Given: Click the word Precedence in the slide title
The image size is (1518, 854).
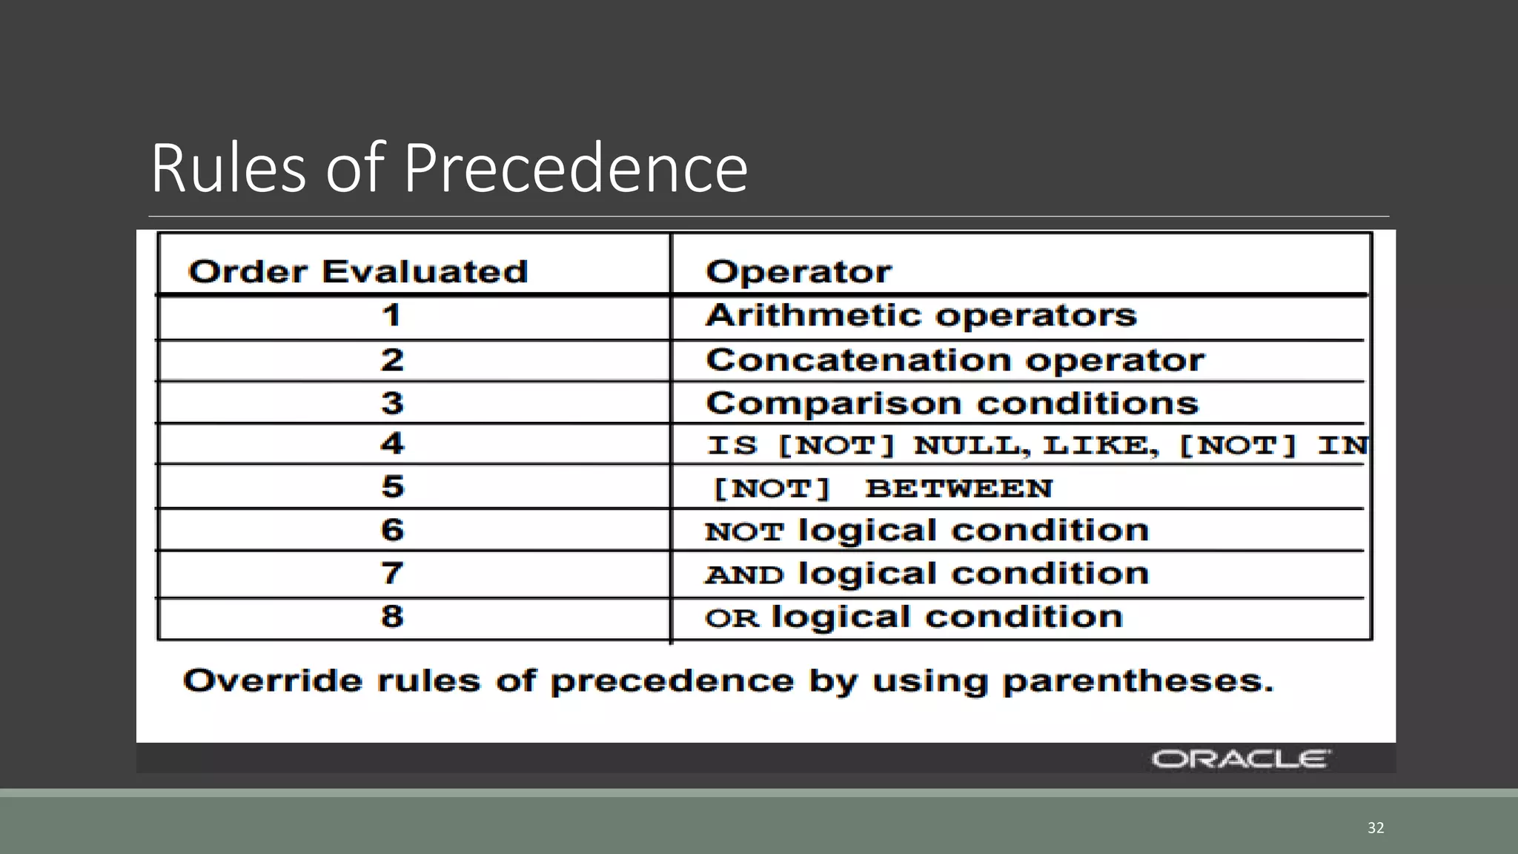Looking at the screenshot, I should pyautogui.click(x=575, y=169).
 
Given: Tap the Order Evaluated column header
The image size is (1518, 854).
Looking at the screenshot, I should pyautogui.click(x=358, y=271).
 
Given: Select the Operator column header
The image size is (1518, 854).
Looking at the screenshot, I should pyautogui.click(x=798, y=271).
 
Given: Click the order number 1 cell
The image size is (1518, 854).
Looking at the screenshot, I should pyautogui.click(x=391, y=316).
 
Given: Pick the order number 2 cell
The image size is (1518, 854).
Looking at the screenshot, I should pyautogui.click(x=392, y=360).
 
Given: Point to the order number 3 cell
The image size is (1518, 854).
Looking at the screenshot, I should pyautogui.click(x=392, y=403).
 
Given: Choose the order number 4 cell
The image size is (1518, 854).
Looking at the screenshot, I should pyautogui.click(x=392, y=444).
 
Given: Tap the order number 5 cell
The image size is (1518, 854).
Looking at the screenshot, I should pyautogui.click(x=392, y=487).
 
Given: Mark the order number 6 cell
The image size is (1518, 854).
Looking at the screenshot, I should pyautogui.click(x=392, y=530).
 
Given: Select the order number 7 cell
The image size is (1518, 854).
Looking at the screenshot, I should pyautogui.click(x=392, y=573).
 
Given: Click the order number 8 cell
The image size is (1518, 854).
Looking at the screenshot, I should pyautogui.click(x=392, y=616).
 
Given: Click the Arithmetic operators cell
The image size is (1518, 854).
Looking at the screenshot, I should pyautogui.click(x=921, y=316).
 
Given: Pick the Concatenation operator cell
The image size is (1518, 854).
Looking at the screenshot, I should pyautogui.click(x=955, y=360).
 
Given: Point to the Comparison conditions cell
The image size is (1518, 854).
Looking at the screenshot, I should pyautogui.click(x=952, y=403).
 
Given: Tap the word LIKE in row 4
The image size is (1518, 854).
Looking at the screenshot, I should pyautogui.click(x=1100, y=446).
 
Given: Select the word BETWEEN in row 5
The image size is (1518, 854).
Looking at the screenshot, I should pyautogui.click(x=959, y=489).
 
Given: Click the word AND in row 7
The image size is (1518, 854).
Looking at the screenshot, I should pyautogui.click(x=744, y=575).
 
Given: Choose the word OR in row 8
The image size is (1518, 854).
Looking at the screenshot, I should pyautogui.click(x=732, y=618).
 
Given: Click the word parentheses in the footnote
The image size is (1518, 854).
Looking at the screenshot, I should pyautogui.click(x=1138, y=681).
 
